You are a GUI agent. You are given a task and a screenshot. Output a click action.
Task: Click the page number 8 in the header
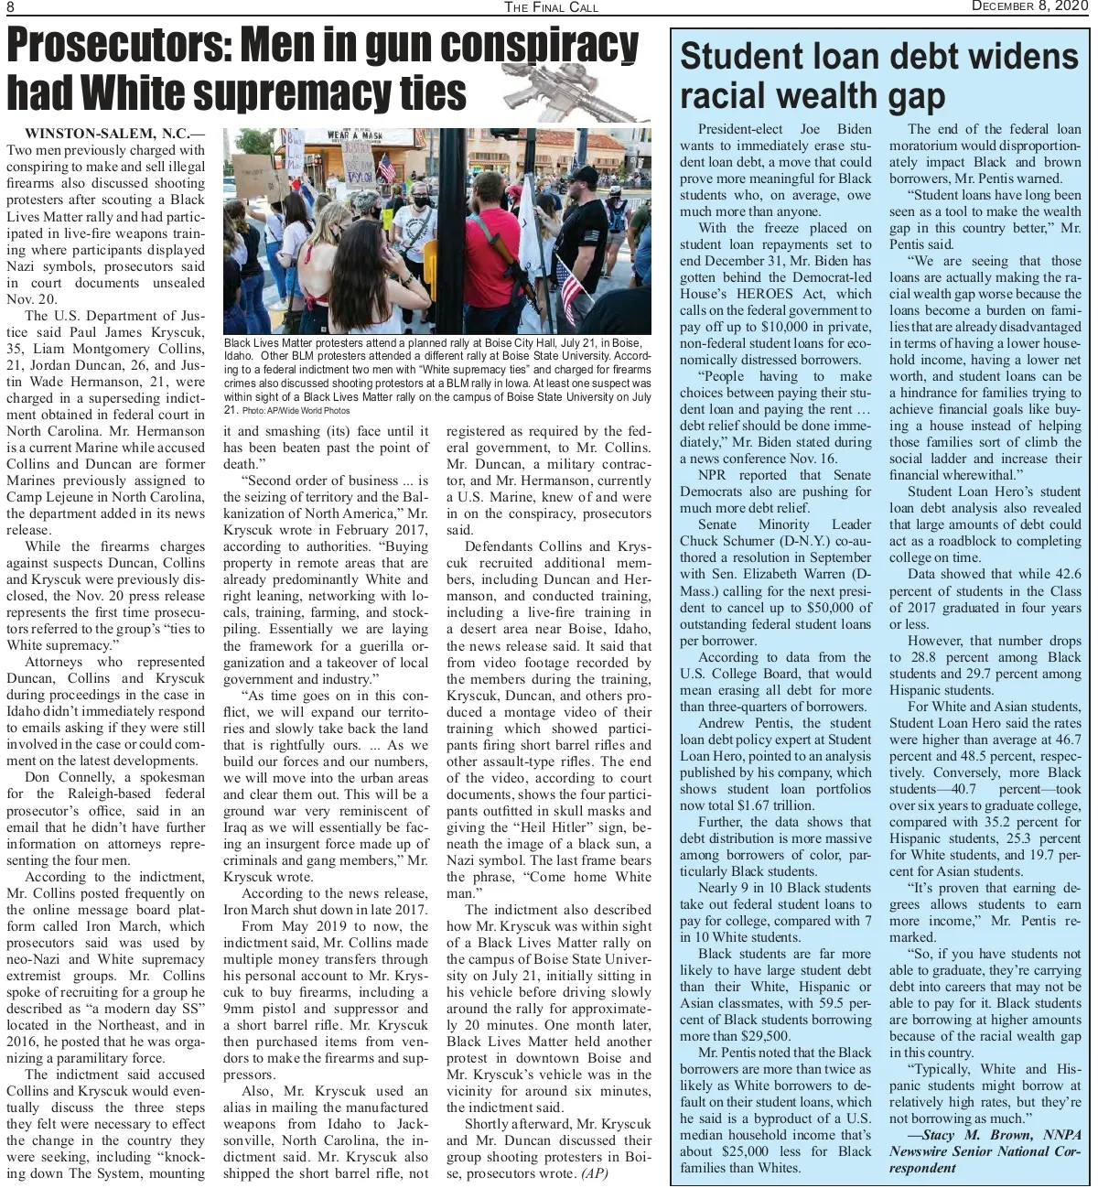12,7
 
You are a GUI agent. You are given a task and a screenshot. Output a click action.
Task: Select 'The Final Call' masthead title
551,7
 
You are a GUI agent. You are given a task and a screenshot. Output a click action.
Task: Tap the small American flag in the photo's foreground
572,291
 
